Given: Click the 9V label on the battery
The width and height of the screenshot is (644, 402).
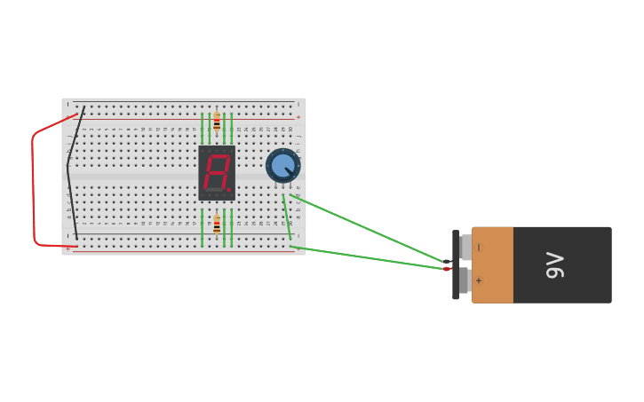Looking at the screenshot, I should click(x=555, y=264).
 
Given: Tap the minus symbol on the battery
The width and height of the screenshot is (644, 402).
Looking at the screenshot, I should click(x=480, y=248).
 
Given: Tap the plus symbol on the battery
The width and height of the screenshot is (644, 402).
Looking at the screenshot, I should click(x=480, y=280).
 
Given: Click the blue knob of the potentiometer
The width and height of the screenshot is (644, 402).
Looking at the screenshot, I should click(x=282, y=165).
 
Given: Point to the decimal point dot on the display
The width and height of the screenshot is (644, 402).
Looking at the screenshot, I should click(x=228, y=189).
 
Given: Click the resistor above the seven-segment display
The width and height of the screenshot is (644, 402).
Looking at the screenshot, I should click(x=217, y=122).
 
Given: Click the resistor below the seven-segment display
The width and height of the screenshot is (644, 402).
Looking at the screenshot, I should click(x=217, y=224).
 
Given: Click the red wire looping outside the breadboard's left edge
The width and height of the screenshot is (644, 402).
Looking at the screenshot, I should click(x=33, y=186).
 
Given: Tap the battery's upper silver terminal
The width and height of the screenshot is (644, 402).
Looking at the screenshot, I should click(x=465, y=247).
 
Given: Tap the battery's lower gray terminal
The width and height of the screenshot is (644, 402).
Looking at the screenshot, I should click(x=465, y=281).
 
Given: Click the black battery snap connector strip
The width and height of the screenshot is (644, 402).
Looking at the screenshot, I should click(x=456, y=264).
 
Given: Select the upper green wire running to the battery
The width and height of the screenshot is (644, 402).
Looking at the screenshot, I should click(x=373, y=230).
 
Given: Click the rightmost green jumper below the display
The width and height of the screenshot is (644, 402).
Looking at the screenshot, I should click(x=232, y=227).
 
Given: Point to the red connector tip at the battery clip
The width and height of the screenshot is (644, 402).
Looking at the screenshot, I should click(x=447, y=268).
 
